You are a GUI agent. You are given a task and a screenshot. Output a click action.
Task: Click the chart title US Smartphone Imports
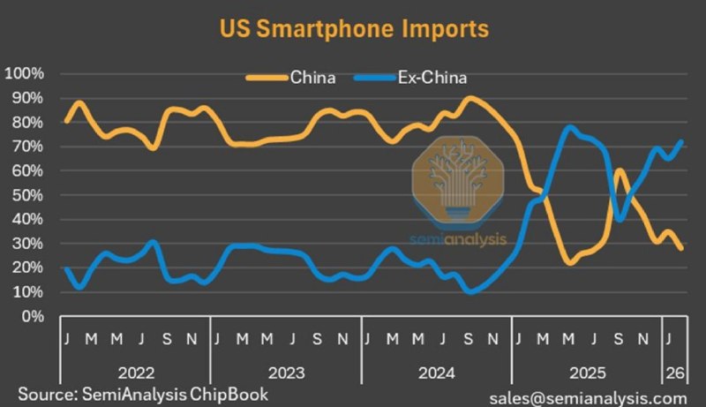click(354, 29)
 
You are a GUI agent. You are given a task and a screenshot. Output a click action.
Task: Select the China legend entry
click(291, 78)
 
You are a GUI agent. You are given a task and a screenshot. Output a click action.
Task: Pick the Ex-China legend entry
click(410, 78)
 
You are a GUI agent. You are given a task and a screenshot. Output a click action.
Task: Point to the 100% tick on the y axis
click(25, 73)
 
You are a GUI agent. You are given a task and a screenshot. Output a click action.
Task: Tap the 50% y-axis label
click(27, 195)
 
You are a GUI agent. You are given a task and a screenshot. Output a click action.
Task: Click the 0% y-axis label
click(33, 316)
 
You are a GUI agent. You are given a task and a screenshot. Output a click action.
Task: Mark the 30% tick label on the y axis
click(27, 244)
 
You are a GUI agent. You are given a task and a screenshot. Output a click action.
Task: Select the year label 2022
click(136, 373)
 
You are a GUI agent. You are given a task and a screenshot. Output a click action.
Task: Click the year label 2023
click(286, 373)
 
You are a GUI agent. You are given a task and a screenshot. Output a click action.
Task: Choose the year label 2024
click(437, 373)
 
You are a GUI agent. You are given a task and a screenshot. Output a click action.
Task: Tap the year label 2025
click(588, 373)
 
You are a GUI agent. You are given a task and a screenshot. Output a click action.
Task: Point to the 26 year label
click(675, 373)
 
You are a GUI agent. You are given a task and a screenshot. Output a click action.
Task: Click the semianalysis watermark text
click(458, 239)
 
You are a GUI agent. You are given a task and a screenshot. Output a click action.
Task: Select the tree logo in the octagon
click(458, 179)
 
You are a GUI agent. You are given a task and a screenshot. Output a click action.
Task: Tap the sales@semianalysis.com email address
click(588, 398)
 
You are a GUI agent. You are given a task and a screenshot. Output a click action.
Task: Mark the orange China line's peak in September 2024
click(470, 98)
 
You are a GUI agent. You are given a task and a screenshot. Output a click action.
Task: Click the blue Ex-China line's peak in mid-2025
click(569, 128)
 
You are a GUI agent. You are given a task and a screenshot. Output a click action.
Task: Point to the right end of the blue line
click(681, 142)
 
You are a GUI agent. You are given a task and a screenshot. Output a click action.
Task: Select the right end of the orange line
click(681, 248)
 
